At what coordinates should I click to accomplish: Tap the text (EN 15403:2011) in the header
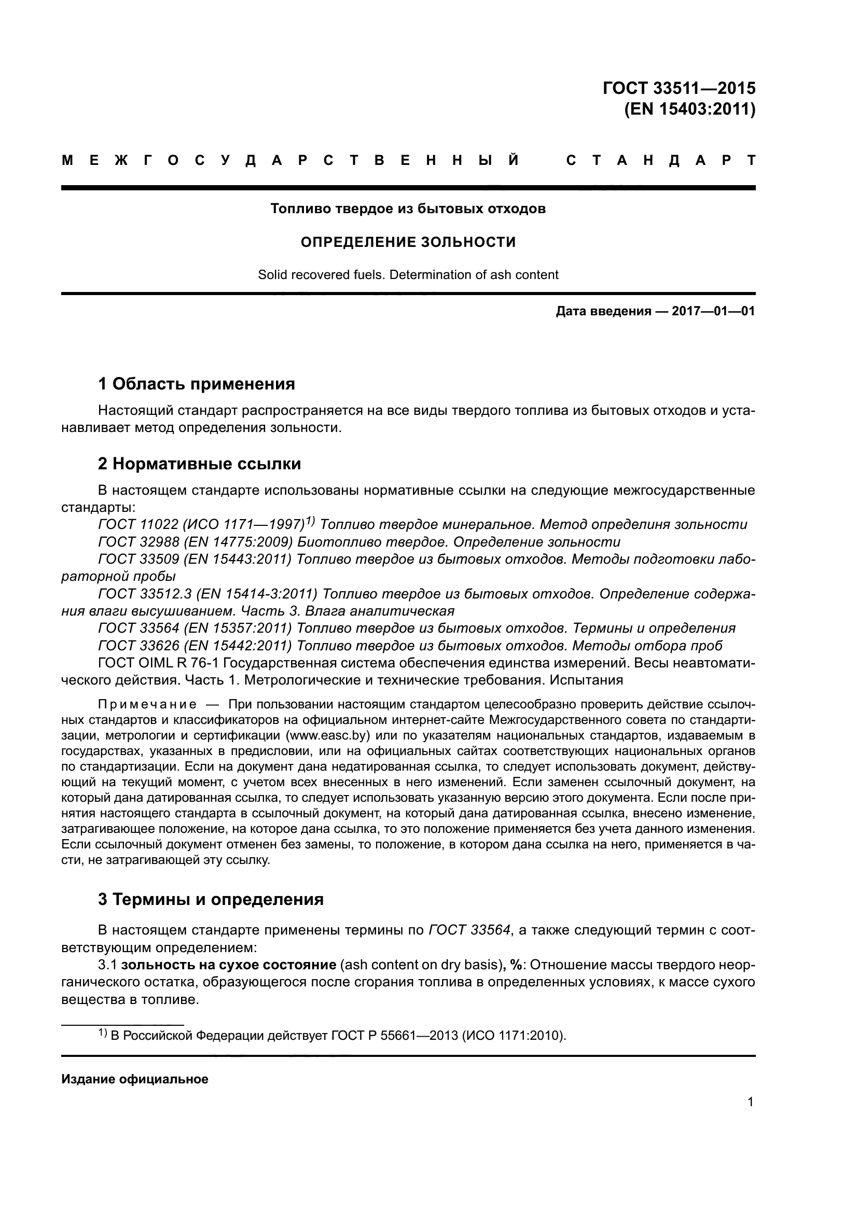click(689, 109)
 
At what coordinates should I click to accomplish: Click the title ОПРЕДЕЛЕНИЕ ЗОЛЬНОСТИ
click(408, 242)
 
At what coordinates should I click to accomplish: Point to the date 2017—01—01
click(713, 311)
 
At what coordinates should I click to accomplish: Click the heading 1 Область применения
click(196, 384)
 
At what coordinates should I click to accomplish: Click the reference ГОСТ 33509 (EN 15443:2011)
click(195, 559)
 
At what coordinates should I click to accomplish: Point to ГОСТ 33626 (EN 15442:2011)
click(195, 646)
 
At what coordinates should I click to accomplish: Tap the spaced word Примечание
click(147, 704)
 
